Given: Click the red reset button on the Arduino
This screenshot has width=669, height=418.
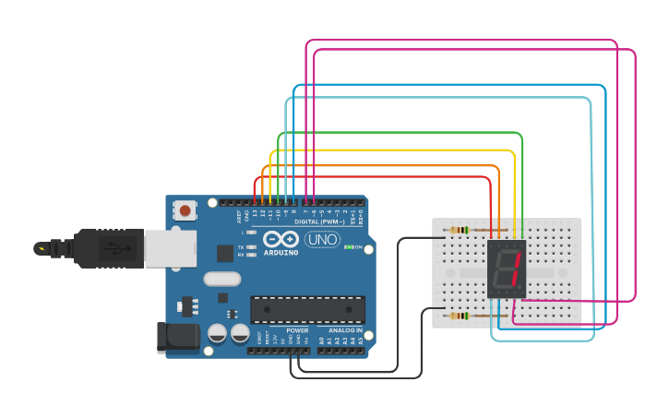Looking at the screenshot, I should coord(185,210).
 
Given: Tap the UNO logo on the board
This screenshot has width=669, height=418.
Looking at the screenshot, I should coord(323,240).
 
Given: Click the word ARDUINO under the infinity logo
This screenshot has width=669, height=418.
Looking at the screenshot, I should coord(281,252).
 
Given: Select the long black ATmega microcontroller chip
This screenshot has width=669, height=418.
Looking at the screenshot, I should coord(307,310).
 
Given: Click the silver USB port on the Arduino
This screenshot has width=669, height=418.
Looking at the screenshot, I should coord(168,248).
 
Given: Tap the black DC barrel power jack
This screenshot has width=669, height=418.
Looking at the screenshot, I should coord(177,337).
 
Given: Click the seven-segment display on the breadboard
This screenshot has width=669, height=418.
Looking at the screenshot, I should coord(507,269).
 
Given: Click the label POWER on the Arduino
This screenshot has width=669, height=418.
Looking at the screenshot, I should coord(297,329).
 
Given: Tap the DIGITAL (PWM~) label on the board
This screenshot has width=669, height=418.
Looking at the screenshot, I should coord(319,221).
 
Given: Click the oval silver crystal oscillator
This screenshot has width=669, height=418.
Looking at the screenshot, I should coord(221,279).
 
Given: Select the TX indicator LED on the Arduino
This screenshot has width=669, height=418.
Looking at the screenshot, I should coord(251,247).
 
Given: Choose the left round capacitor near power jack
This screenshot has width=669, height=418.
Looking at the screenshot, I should coord(218,333).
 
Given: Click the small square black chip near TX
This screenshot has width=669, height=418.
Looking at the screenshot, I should coord(225,253).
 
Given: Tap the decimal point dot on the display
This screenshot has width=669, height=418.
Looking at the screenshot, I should coord(520,288).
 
